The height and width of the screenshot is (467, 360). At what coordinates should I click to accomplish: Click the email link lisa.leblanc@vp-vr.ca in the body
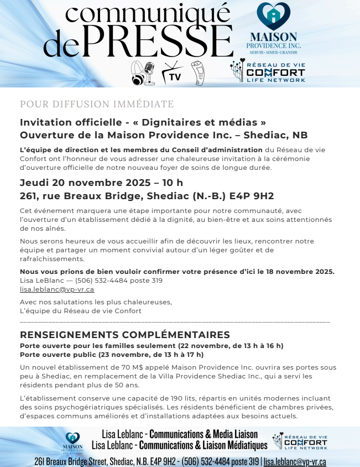click(57, 289)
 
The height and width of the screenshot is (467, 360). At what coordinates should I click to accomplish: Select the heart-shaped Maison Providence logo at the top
click(273, 17)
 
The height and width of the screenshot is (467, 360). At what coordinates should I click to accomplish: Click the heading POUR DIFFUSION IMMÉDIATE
click(97, 104)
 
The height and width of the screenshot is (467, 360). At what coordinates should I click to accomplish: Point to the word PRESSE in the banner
click(160, 40)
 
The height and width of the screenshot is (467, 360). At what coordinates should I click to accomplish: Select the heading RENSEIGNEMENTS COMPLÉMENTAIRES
click(125, 335)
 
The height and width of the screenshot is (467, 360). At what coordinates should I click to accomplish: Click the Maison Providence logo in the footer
click(74, 441)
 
